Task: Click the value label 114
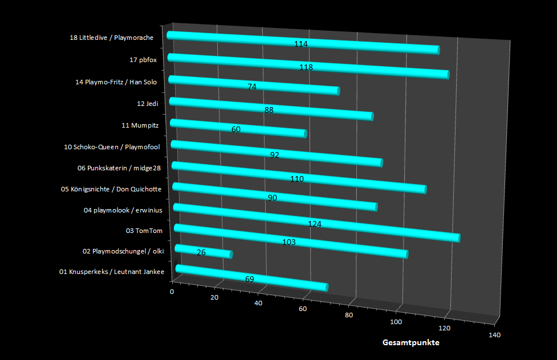[x=301, y=44]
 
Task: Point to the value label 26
[x=201, y=252]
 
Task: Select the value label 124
[x=315, y=224]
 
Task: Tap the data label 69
[x=249, y=279]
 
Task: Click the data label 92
[x=274, y=155]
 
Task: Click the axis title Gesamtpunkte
[x=410, y=343]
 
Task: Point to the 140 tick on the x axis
[x=494, y=335]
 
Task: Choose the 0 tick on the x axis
[x=172, y=292]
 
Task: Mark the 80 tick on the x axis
[x=349, y=315]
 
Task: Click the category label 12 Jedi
[x=147, y=104]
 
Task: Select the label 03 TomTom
[x=144, y=231]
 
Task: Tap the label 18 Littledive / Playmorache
[x=111, y=38]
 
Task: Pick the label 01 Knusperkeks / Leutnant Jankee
[x=112, y=272]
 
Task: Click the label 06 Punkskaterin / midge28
[x=119, y=168]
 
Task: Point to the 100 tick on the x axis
[x=396, y=322]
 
